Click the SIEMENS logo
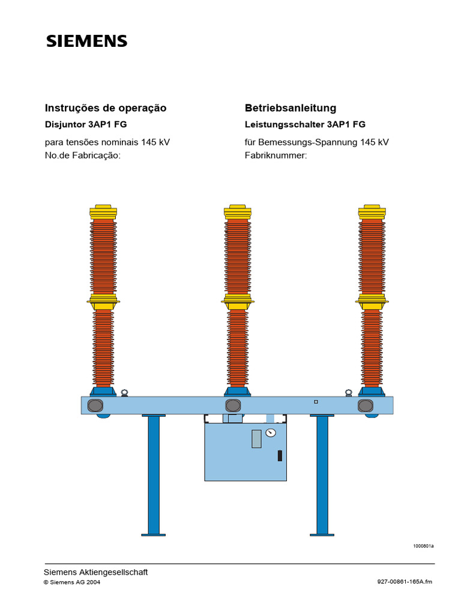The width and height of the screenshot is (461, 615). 86,41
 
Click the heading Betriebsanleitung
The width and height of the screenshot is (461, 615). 291,108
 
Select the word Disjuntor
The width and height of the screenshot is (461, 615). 65,124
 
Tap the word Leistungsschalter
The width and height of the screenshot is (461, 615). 285,124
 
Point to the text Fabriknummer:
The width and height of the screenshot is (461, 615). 276,156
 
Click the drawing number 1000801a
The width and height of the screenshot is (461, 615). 423,546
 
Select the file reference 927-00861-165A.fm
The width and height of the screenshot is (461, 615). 405,581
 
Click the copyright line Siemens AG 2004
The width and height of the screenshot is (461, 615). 72,582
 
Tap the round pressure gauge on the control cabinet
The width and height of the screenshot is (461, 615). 271,432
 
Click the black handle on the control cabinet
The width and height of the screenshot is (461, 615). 280,455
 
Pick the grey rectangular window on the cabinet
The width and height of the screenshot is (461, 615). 256,438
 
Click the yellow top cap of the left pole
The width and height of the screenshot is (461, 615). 103,212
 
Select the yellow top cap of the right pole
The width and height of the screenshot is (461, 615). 372,212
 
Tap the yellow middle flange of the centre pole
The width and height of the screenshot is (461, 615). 238,302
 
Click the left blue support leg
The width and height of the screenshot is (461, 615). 154,475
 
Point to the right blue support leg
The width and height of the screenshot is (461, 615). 322,475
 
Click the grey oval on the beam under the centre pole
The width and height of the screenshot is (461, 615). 233,405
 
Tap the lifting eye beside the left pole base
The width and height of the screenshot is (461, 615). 124,393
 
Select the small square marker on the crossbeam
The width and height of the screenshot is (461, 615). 316,402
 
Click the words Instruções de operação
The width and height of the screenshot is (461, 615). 106,108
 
